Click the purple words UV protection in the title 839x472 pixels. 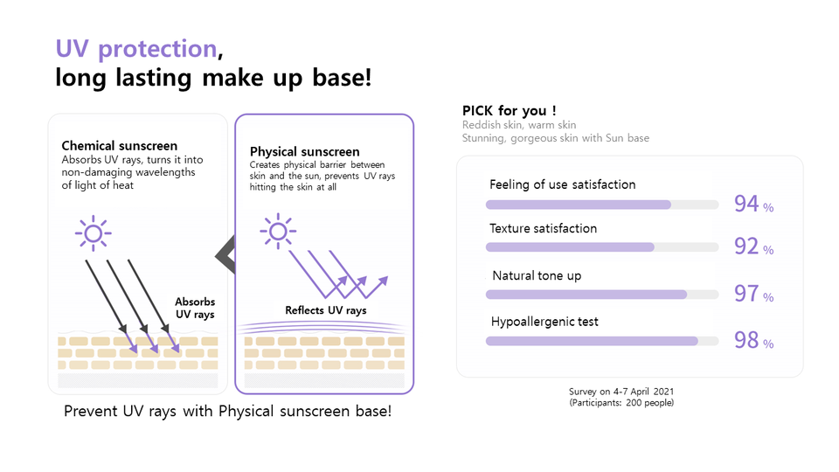(135, 49)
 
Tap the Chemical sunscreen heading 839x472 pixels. (119, 146)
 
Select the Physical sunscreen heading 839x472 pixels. (304, 152)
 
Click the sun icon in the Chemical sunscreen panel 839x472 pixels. (92, 233)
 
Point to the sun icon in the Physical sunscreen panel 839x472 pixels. (278, 232)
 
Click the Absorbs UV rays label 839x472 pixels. (195, 308)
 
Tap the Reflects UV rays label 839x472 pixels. (325, 310)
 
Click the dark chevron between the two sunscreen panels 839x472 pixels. (225, 253)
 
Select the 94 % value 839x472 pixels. (752, 205)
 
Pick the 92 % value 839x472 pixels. (752, 247)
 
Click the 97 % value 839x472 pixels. (752, 295)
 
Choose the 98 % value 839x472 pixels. (752, 341)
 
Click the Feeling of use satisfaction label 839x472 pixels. (562, 184)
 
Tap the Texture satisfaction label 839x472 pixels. (543, 229)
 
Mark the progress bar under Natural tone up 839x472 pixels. (601, 295)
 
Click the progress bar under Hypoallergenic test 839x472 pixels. (601, 341)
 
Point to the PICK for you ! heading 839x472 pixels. (510, 111)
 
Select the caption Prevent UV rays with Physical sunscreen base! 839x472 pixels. (227, 411)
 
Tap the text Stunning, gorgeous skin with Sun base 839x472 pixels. (555, 138)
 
